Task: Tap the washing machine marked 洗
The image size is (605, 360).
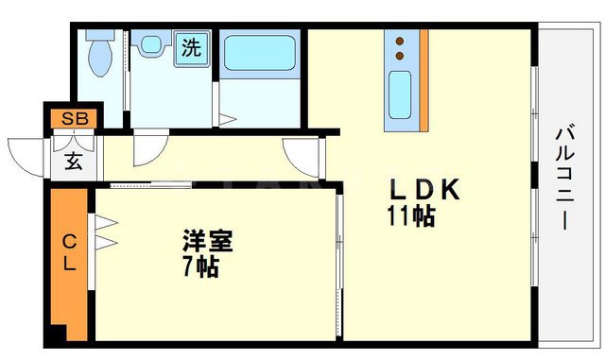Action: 190,48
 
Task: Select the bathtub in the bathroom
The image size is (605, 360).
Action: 259,56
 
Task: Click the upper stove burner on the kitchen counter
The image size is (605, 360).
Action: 400,42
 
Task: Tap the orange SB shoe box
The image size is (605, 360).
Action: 72,119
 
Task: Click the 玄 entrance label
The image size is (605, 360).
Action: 73,160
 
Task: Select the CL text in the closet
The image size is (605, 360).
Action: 69,252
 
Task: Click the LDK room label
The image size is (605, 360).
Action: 423,190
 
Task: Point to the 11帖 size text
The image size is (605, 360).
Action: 410,216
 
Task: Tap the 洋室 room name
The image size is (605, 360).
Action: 208,240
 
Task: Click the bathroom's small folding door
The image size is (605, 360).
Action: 227,119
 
